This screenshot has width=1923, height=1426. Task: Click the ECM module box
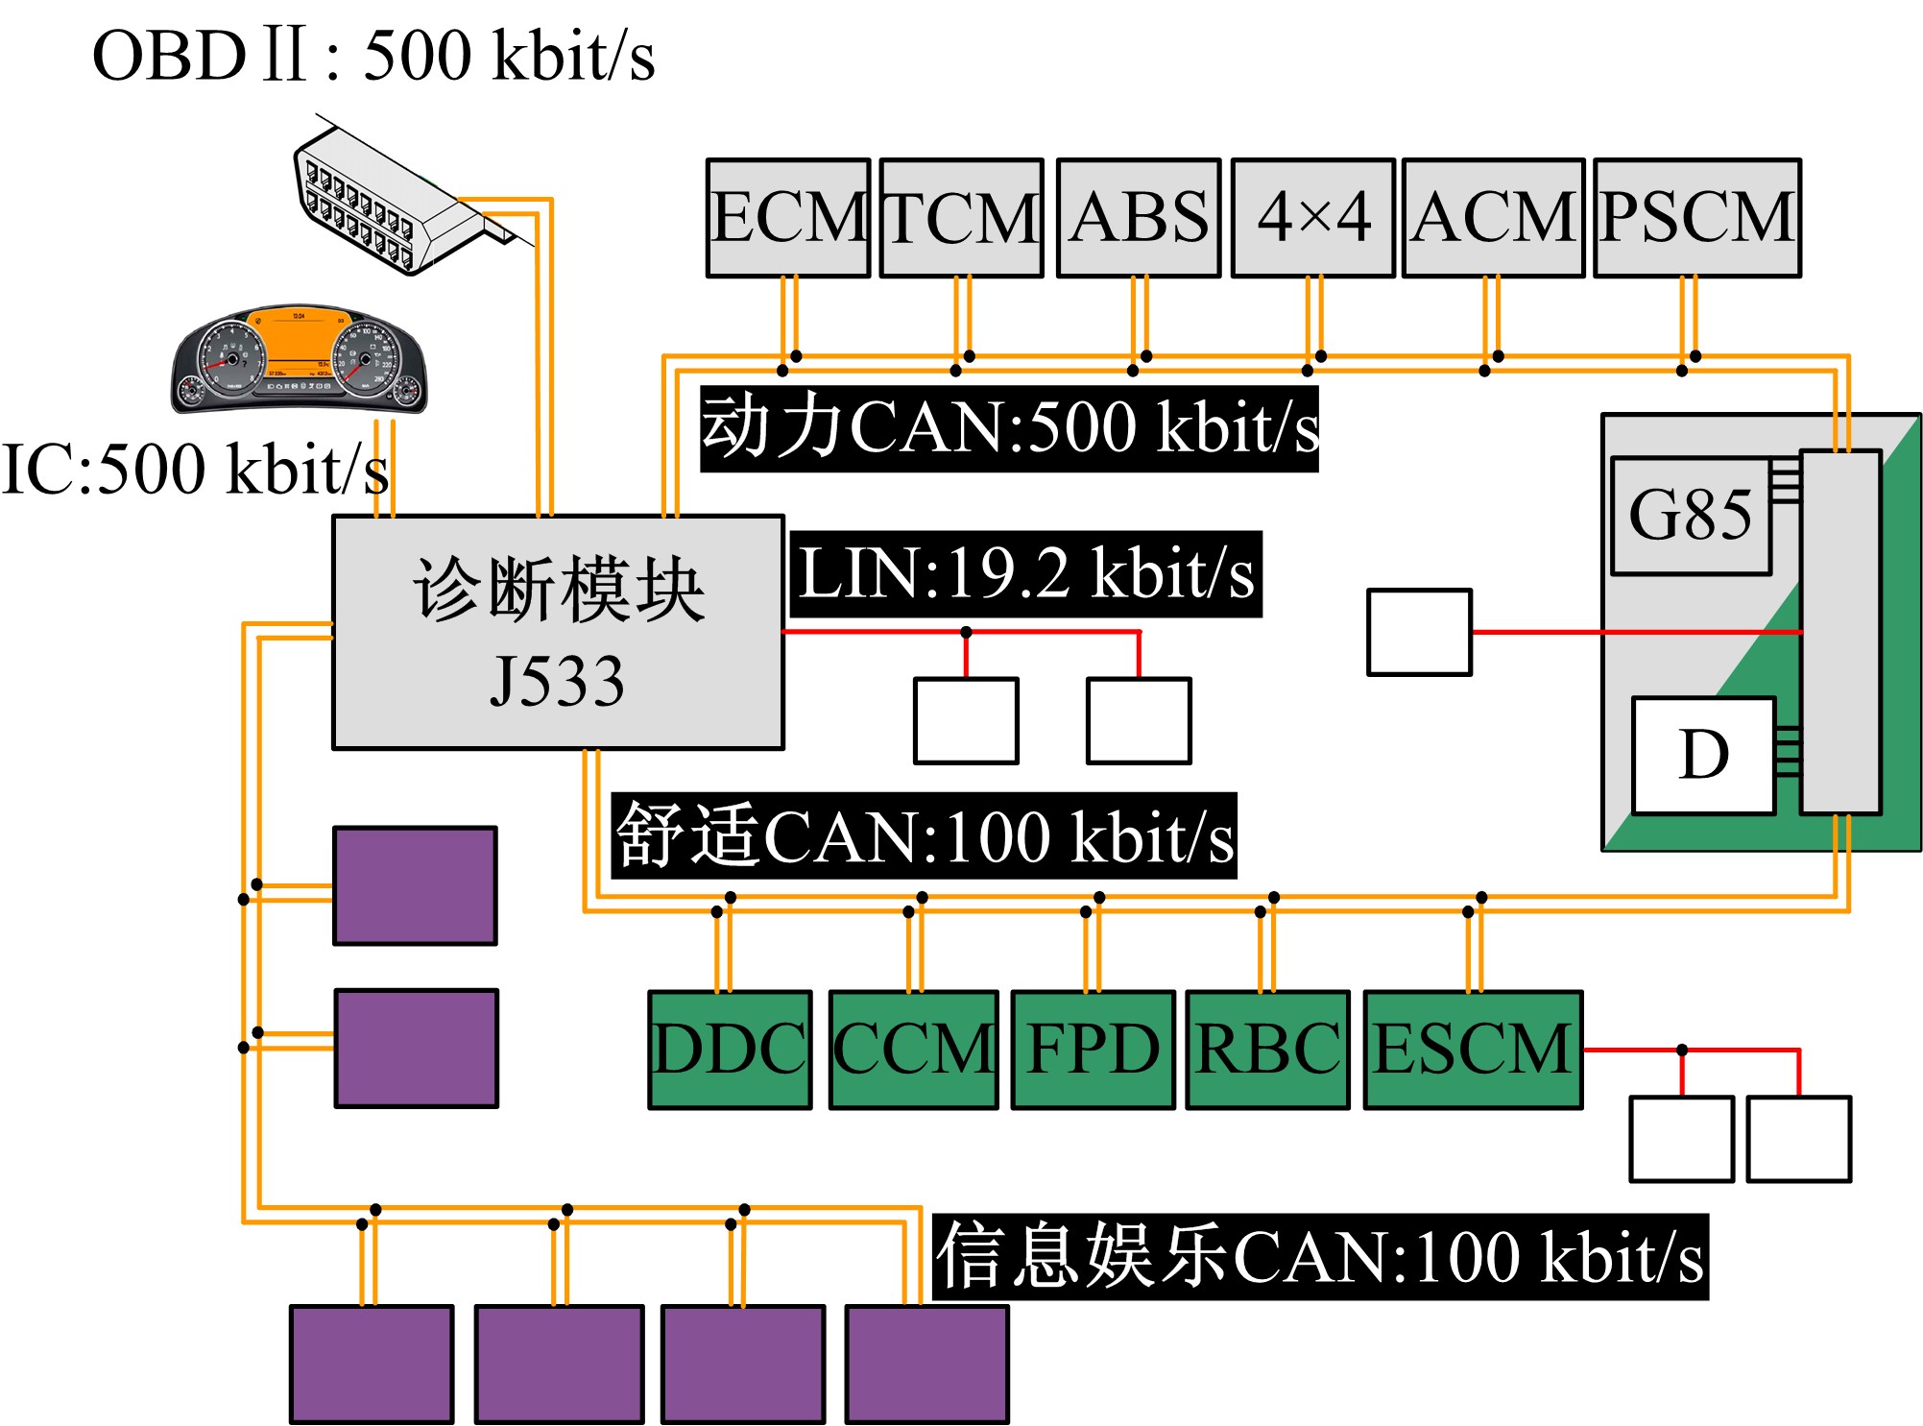coord(788,218)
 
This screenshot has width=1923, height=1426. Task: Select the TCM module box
coord(961,218)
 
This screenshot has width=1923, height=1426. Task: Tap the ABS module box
coord(1139,218)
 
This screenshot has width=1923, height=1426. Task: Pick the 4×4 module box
coord(1313,218)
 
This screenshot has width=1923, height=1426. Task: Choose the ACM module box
coord(1493,218)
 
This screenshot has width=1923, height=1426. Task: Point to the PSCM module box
coord(1697,218)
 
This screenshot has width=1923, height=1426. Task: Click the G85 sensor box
coord(1691,516)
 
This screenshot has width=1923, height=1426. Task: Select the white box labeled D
coord(1704,755)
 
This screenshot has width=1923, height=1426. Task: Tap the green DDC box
coord(730,1050)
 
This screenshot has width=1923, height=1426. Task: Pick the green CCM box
coord(913,1050)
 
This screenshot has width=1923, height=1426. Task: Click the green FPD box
coord(1094,1050)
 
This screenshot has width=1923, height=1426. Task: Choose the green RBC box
coord(1268,1050)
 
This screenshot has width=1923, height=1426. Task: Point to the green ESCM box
coord(1473,1050)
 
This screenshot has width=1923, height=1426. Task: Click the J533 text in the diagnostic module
coord(558,682)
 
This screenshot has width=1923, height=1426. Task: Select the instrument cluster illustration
coord(299,360)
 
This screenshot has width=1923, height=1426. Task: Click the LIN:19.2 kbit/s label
coord(1025,574)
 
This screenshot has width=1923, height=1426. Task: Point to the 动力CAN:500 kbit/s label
coord(1009,428)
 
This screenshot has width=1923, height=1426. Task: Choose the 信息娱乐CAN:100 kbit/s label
coord(1320,1257)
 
